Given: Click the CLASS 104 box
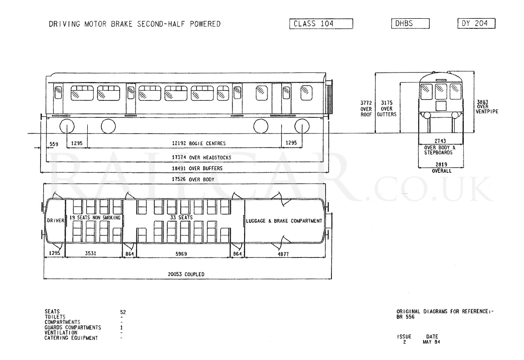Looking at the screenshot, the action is point(321,24).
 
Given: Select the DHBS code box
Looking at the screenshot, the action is point(410,24).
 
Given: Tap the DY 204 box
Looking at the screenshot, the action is point(476,23).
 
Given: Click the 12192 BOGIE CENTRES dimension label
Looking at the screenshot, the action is point(199,143).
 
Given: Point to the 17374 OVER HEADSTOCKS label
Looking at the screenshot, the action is point(201,158).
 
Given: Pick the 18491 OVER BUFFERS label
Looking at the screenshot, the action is point(197,168).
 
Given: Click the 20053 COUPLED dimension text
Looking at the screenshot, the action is point(186,274).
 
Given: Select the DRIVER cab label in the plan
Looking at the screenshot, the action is point(55,220).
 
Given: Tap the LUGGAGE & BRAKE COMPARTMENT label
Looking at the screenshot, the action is point(284,221).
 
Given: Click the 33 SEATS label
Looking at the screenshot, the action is point(181,217).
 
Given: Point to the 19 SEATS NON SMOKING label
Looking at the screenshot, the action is point(95,218).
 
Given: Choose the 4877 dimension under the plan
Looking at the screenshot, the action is point(283,254).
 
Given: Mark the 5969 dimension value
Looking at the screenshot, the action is point(181,254).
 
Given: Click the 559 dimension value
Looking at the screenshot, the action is point(54,144).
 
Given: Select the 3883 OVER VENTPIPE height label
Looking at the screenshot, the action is point(487,106).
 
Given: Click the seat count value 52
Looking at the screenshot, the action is point(123,312).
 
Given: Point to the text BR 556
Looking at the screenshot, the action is point(405,317).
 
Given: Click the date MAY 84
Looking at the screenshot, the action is point(431,342).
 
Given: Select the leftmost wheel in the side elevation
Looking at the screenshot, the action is point(67,126).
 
